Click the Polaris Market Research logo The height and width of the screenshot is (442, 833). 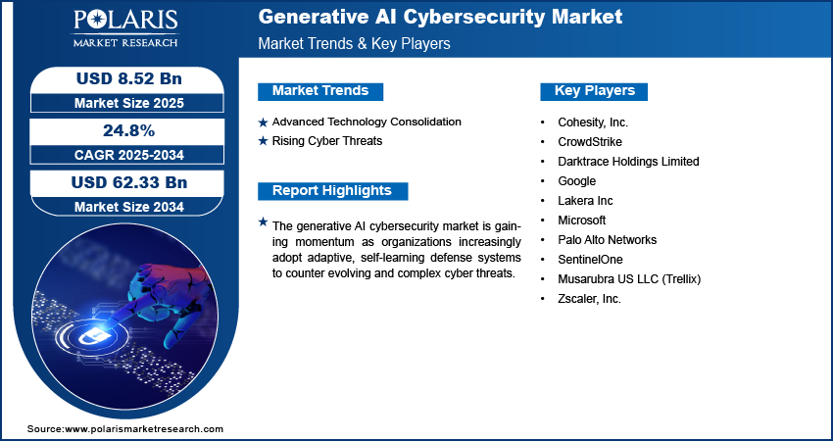point(125,27)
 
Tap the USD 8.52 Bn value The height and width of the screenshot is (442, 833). point(129,79)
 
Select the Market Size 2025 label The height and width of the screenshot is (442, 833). point(129,103)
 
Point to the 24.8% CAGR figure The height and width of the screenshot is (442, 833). point(128,130)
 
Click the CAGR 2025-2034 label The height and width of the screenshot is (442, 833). point(129,155)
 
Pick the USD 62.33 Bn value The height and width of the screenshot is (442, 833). point(129,182)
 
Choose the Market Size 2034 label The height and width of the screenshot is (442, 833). point(129,207)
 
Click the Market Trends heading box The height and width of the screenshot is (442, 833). point(320,91)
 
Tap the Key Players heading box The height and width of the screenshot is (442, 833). point(594,91)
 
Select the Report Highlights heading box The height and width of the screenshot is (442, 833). point(332,191)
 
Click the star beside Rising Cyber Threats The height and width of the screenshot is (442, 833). point(263,142)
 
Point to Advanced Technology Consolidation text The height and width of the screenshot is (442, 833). point(367,122)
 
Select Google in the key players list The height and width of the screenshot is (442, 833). point(576,181)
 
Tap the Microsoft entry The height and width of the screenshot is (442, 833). point(582,220)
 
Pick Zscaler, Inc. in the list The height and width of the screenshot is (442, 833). point(589,299)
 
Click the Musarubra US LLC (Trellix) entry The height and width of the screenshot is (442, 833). point(629,279)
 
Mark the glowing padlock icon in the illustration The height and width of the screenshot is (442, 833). point(87,336)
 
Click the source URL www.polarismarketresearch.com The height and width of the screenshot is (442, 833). point(144,429)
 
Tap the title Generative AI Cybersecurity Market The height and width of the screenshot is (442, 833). point(440,17)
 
